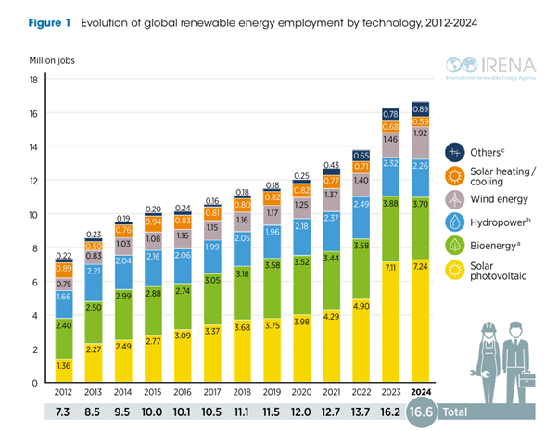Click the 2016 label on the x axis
[x=184, y=392]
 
